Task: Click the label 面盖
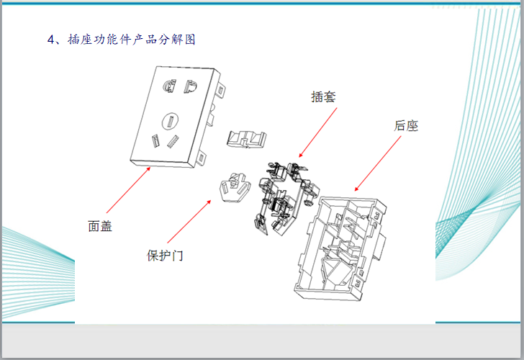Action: tap(100, 226)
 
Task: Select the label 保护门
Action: tap(165, 256)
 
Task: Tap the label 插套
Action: tap(323, 96)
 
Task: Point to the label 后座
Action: tap(406, 125)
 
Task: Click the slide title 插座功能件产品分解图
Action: tap(132, 39)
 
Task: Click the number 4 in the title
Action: tap(51, 39)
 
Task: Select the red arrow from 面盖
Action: tap(127, 192)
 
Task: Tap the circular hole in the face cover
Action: tap(171, 120)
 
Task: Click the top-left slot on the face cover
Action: tap(169, 86)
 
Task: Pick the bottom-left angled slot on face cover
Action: tap(155, 140)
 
